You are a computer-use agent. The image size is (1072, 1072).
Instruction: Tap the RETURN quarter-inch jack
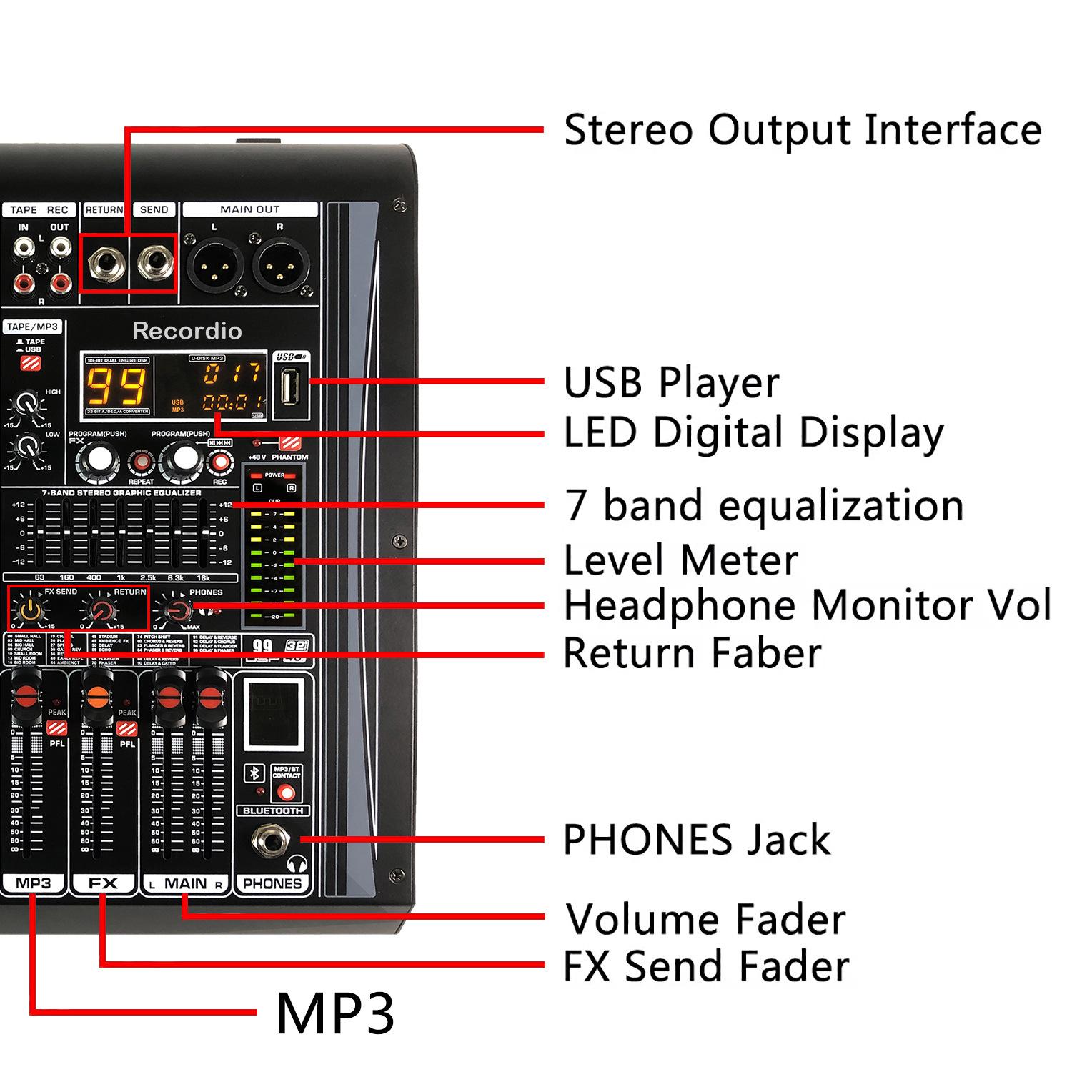tap(104, 262)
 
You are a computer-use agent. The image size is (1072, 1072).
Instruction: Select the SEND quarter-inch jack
tap(153, 262)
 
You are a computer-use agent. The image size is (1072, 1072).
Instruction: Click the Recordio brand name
tap(187, 331)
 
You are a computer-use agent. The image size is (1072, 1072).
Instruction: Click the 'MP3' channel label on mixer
tap(34, 883)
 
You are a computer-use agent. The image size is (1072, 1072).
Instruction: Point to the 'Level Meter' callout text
tap(680, 560)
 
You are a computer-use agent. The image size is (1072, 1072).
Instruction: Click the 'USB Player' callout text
tap(671, 382)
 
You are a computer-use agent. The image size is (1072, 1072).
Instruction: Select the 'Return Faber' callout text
tap(692, 653)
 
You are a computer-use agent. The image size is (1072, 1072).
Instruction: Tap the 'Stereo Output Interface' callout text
tap(803, 130)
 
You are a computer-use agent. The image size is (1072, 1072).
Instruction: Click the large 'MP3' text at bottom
tap(335, 1013)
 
